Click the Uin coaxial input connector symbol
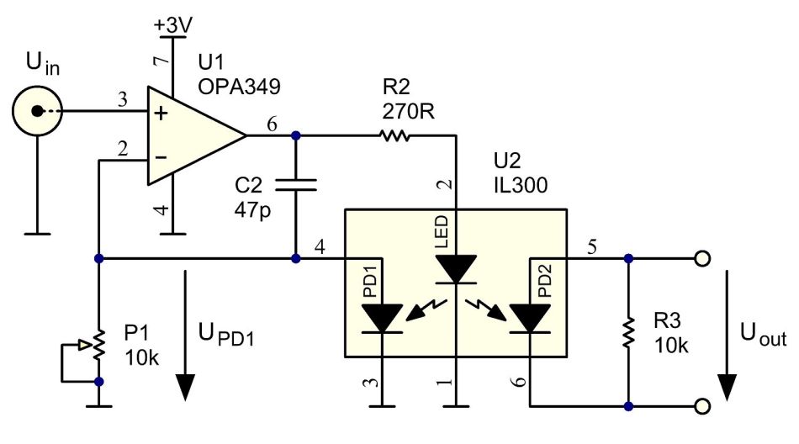pyautogui.click(x=36, y=110)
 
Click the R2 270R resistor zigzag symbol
pyautogui.click(x=394, y=135)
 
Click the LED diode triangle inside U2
pyautogui.click(x=453, y=269)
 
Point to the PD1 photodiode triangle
pyautogui.click(x=383, y=318)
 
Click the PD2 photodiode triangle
pyautogui.click(x=530, y=318)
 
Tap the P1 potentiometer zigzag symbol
pyautogui.click(x=99, y=345)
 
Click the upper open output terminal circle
pyautogui.click(x=700, y=258)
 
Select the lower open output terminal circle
pyautogui.click(x=700, y=407)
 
